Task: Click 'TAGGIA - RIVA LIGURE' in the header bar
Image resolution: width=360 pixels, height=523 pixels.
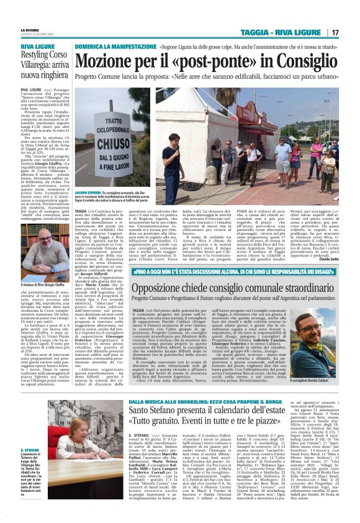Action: pos(293,32)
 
